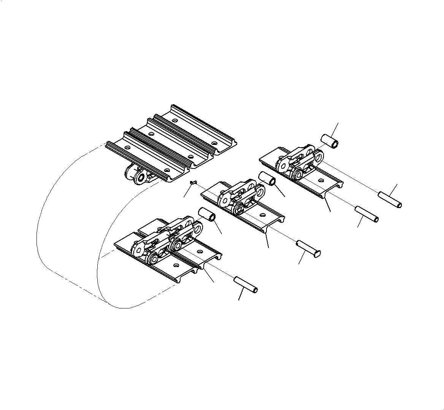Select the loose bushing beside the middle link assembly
(268, 179)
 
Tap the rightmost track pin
(390, 200)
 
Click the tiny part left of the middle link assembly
(192, 183)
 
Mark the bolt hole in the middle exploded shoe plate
(262, 215)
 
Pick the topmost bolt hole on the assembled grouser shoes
(174, 121)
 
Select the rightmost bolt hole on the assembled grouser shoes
(214, 143)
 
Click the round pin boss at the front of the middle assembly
(239, 208)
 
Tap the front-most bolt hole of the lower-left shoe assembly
(175, 265)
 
